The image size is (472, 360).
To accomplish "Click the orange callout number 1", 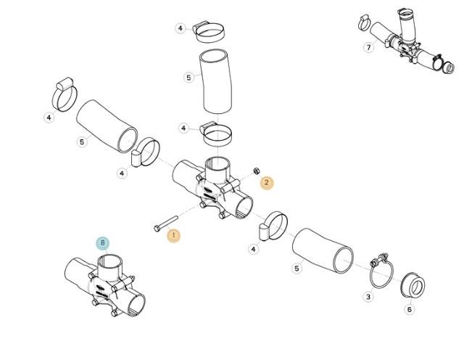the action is (174, 236).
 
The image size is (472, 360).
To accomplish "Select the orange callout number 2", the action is (267, 182).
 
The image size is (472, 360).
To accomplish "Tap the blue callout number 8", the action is (103, 243).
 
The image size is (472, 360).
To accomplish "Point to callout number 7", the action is (369, 47).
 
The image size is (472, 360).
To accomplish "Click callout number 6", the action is (410, 309).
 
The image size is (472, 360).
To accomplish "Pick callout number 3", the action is (368, 297).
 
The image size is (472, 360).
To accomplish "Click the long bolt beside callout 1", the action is (166, 224).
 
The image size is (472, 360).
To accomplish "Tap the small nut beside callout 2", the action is (257, 171).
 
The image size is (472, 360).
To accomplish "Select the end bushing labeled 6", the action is (413, 285).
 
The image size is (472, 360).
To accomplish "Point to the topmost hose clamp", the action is (210, 32).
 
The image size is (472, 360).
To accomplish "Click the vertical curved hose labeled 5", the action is (216, 81).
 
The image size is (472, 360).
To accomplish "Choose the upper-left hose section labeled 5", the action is (107, 126).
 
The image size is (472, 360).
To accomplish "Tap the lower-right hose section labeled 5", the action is (323, 251).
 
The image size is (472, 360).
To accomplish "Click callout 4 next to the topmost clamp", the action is (181, 28).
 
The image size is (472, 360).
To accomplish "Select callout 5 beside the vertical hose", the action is (189, 78).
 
